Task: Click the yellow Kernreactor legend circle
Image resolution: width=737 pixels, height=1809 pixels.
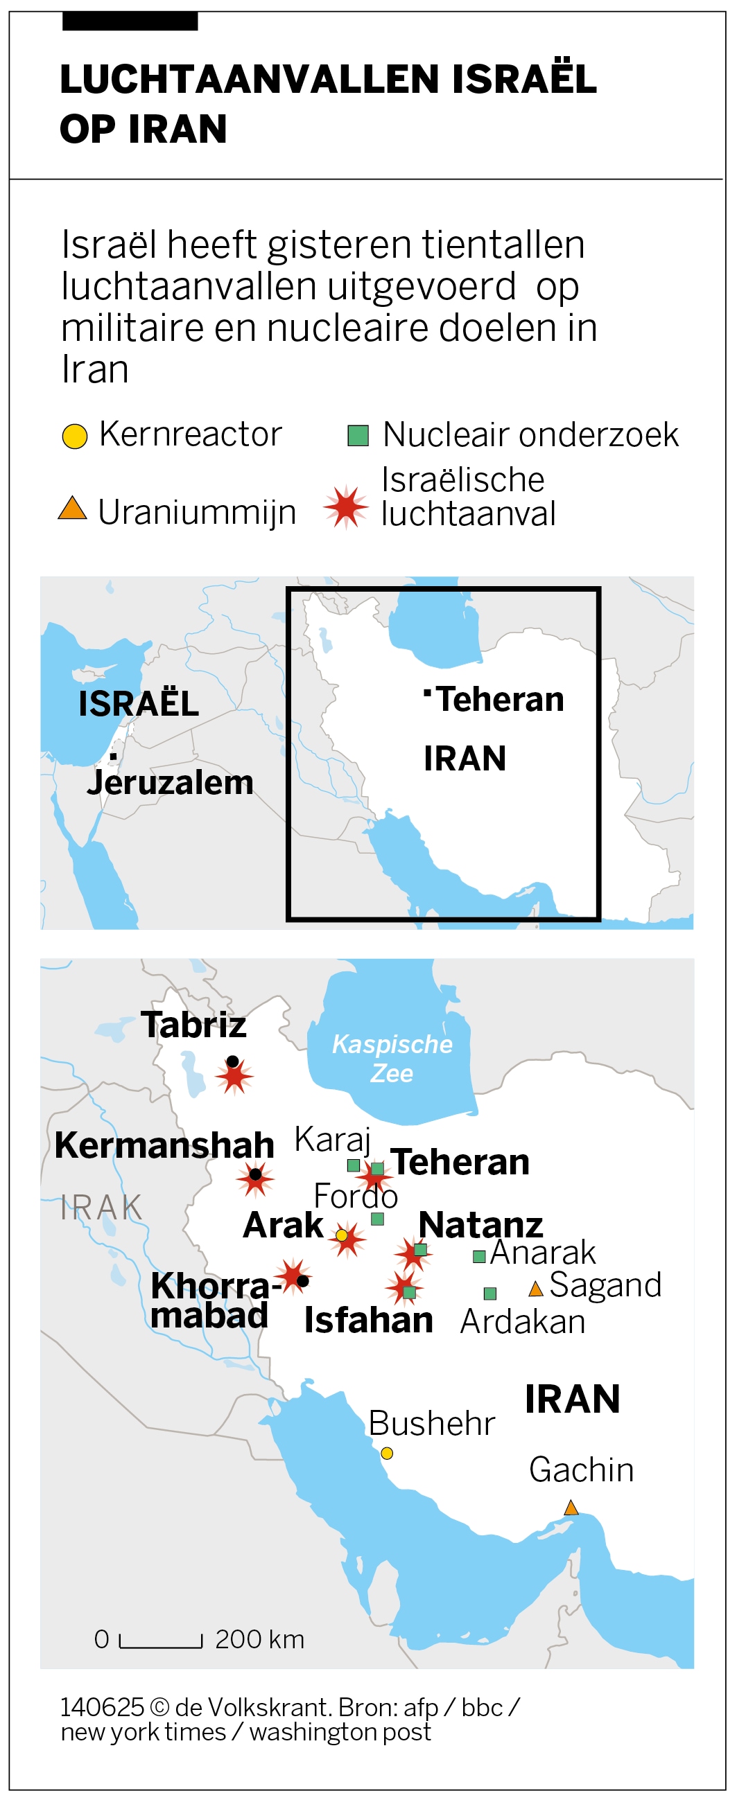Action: (x=74, y=436)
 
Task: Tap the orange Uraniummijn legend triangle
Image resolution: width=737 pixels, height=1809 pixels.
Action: (x=72, y=509)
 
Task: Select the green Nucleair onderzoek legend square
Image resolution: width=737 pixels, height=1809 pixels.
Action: (x=358, y=436)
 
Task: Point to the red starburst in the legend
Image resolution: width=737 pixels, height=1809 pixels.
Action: (x=346, y=506)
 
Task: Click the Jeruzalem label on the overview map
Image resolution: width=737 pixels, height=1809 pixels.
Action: (x=169, y=782)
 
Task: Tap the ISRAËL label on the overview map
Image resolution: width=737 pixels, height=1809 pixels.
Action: (x=139, y=704)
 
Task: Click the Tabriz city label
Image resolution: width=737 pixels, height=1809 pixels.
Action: (x=193, y=1025)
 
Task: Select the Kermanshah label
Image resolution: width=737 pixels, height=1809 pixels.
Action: (x=164, y=1145)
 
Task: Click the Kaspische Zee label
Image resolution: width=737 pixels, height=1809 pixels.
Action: (x=392, y=1058)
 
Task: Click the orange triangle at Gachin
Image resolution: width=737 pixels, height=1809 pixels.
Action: (x=571, y=1508)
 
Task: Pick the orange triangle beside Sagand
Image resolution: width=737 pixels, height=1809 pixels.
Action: (x=535, y=1289)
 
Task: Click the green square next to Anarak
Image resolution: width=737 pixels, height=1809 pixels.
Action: (x=479, y=1256)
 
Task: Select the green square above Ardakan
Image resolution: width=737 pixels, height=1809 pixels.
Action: (x=490, y=1293)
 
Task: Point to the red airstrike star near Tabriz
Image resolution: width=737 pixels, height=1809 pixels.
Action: (x=234, y=1076)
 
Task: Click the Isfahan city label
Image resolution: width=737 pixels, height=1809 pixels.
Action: (x=368, y=1321)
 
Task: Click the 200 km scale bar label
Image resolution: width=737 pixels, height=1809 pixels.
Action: (x=259, y=1639)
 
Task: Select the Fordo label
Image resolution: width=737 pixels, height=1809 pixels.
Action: (x=356, y=1196)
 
